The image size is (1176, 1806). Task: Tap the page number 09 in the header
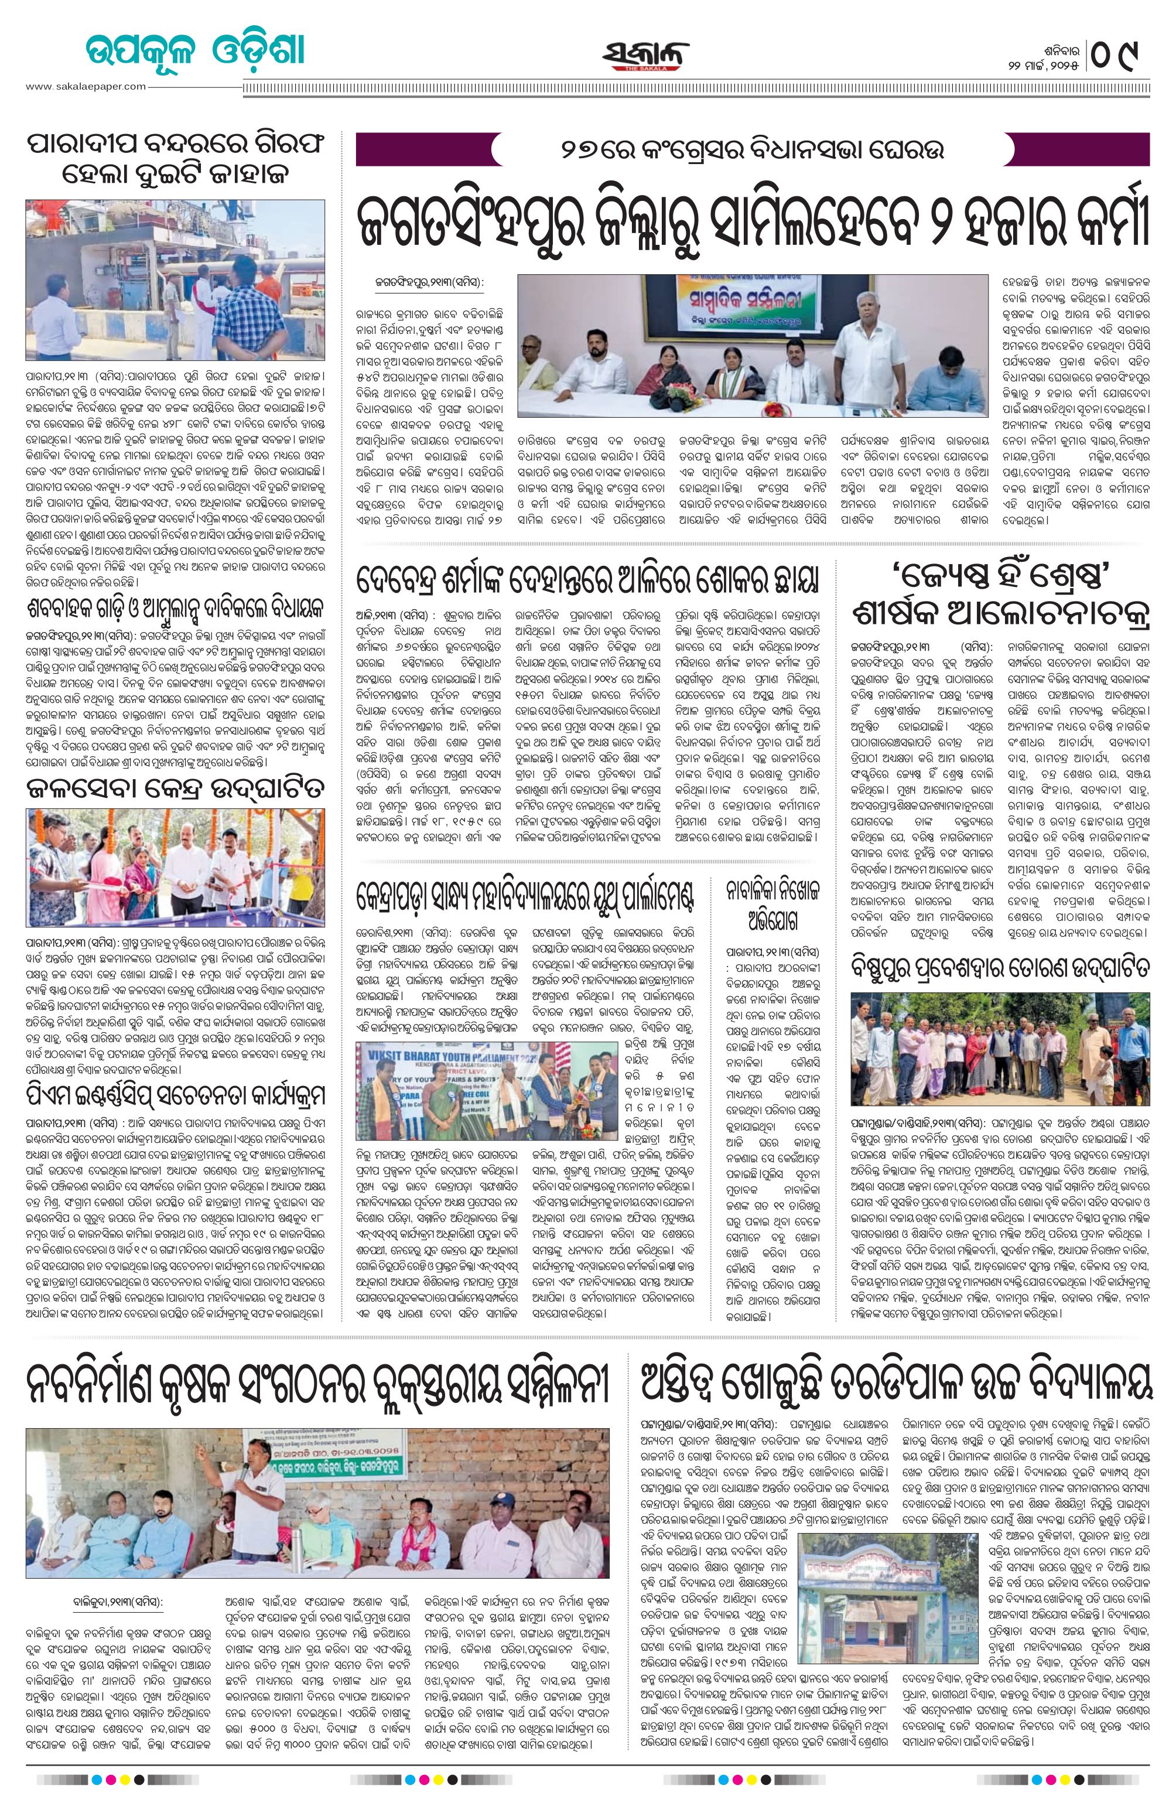pyautogui.click(x=1120, y=54)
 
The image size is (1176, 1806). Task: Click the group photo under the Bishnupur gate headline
pyautogui.click(x=1001, y=1048)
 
